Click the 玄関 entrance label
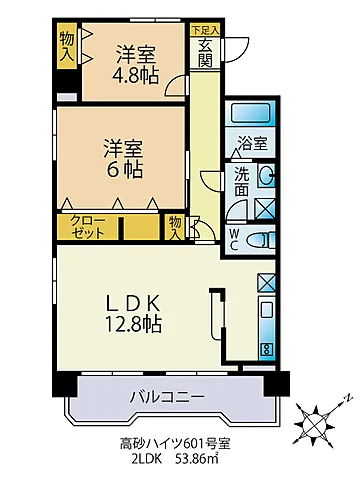coord(205,53)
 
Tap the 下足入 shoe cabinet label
coord(205,30)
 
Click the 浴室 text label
coord(252,143)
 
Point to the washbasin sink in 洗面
coord(267,174)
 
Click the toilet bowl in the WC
coord(260,240)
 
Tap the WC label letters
coord(234,240)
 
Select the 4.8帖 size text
coord(135,76)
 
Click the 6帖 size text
coord(124,170)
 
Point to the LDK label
coord(134,303)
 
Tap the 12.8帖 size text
coord(134,324)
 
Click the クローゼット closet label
coord(88,227)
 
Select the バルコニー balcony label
coord(167,397)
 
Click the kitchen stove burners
coord(266,350)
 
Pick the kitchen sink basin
coord(267,310)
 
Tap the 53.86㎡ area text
coord(197,459)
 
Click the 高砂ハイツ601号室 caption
coord(175,443)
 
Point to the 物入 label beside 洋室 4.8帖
coord(67,47)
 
